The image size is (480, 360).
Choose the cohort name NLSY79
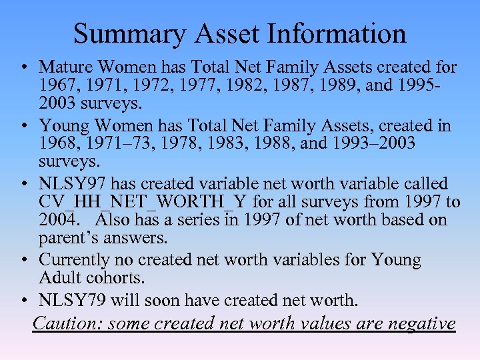pyautogui.click(x=72, y=300)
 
